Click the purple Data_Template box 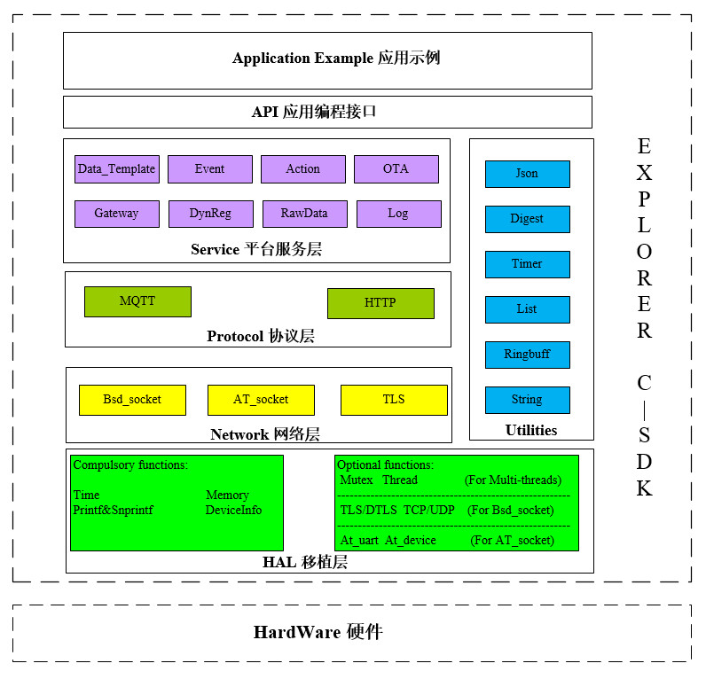click(116, 169)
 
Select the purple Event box click(209, 169)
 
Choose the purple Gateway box click(116, 214)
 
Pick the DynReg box click(210, 214)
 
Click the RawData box click(304, 214)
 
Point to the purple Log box click(398, 214)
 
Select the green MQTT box click(137, 301)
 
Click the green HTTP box click(380, 303)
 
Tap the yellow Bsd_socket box click(132, 400)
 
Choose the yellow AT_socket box click(261, 400)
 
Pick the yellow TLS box click(394, 400)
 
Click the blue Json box click(527, 174)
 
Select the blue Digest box click(527, 219)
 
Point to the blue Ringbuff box click(527, 355)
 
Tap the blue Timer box click(527, 264)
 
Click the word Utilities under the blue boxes click(531, 431)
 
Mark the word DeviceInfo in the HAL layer click(233, 511)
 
